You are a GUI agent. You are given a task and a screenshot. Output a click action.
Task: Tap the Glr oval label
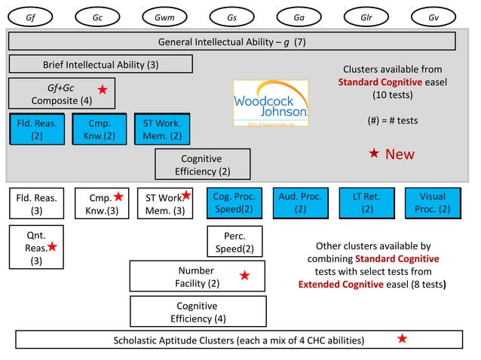click(366, 16)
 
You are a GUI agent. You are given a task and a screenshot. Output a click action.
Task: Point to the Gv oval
click(433, 16)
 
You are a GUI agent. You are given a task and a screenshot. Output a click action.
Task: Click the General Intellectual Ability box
click(232, 41)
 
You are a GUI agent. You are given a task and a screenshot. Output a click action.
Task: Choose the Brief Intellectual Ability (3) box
click(100, 64)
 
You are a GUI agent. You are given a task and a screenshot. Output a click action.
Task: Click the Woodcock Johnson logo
click(271, 104)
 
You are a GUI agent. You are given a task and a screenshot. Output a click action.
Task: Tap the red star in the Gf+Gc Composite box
click(103, 90)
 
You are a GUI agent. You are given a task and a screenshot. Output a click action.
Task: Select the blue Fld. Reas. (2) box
click(36, 129)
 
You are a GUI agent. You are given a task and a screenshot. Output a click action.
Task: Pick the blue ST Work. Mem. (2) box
click(161, 129)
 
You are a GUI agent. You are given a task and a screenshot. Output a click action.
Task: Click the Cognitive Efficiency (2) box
click(202, 165)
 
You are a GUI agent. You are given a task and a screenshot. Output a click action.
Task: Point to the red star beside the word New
click(374, 154)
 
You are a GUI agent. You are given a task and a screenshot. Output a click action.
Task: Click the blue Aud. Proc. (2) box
click(300, 203)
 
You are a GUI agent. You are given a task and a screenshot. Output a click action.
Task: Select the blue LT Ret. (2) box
click(367, 203)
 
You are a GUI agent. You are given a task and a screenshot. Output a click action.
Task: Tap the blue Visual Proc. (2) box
click(433, 203)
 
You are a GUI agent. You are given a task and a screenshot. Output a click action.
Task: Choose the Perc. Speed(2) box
click(234, 242)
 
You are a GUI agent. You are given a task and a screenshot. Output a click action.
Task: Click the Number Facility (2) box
click(198, 276)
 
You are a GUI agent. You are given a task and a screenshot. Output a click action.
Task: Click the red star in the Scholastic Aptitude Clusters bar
click(402, 339)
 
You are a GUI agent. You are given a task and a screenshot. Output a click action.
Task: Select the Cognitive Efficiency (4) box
click(198, 312)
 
